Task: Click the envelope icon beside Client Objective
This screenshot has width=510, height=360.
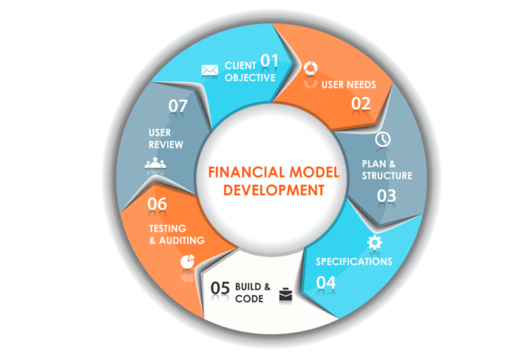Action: pos(210,70)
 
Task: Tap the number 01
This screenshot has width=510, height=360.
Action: pos(270,61)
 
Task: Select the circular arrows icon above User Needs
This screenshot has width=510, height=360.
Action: pos(310,68)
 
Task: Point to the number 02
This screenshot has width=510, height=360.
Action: pos(361,103)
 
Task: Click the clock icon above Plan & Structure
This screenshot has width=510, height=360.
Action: pos(382,139)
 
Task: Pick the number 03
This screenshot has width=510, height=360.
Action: pos(386,196)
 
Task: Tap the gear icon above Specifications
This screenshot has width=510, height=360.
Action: pos(374,243)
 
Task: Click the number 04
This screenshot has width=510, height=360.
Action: pos(326,282)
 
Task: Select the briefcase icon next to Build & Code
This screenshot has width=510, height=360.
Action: pos(286,294)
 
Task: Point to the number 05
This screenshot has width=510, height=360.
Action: pos(221,288)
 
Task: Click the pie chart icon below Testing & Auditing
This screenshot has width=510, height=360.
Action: pos(188,261)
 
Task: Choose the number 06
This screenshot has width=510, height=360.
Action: pos(157,204)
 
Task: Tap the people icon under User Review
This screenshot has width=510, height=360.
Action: pos(155,163)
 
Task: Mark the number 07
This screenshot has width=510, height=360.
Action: pos(178,106)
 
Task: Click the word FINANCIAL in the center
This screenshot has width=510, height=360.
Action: pos(246,172)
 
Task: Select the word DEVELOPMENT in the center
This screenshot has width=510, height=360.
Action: pos(274,190)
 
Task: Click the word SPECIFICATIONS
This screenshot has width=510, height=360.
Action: pos(354,261)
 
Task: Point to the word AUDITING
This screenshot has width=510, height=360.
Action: pos(182,240)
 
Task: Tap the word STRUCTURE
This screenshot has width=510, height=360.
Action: pos(387,176)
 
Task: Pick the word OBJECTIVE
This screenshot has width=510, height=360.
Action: pos(250,78)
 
